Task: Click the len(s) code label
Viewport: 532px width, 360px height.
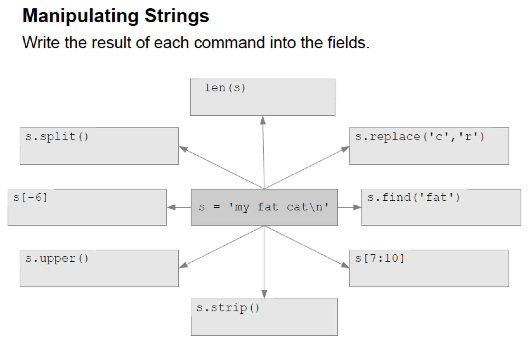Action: pyautogui.click(x=225, y=88)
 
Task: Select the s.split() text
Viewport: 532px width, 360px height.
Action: pyautogui.click(x=57, y=137)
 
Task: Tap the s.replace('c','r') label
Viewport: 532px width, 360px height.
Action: pyautogui.click(x=419, y=137)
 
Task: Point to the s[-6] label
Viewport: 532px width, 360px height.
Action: pyautogui.click(x=30, y=198)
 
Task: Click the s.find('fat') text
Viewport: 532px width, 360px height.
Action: pyautogui.click(x=413, y=198)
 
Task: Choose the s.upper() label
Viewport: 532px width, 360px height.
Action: pyautogui.click(x=57, y=259)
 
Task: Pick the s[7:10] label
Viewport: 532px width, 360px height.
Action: pyautogui.click(x=380, y=259)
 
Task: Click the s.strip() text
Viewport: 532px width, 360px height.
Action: pyautogui.click(x=228, y=308)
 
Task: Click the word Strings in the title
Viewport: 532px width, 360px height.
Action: pyautogui.click(x=177, y=16)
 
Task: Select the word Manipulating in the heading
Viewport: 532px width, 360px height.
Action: pyautogui.click(x=81, y=16)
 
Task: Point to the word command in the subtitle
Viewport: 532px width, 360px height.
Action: pyautogui.click(x=229, y=42)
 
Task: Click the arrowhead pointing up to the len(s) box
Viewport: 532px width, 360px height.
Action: pyautogui.click(x=263, y=120)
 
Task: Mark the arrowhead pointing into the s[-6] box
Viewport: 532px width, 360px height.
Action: pyautogui.click(x=171, y=208)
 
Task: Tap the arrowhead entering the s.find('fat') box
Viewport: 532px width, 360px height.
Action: pyautogui.click(x=357, y=208)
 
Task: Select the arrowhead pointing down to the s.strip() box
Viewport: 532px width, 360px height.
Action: pyautogui.click(x=264, y=294)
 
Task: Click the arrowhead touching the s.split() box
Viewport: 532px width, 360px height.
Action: pyautogui.click(x=183, y=148)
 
